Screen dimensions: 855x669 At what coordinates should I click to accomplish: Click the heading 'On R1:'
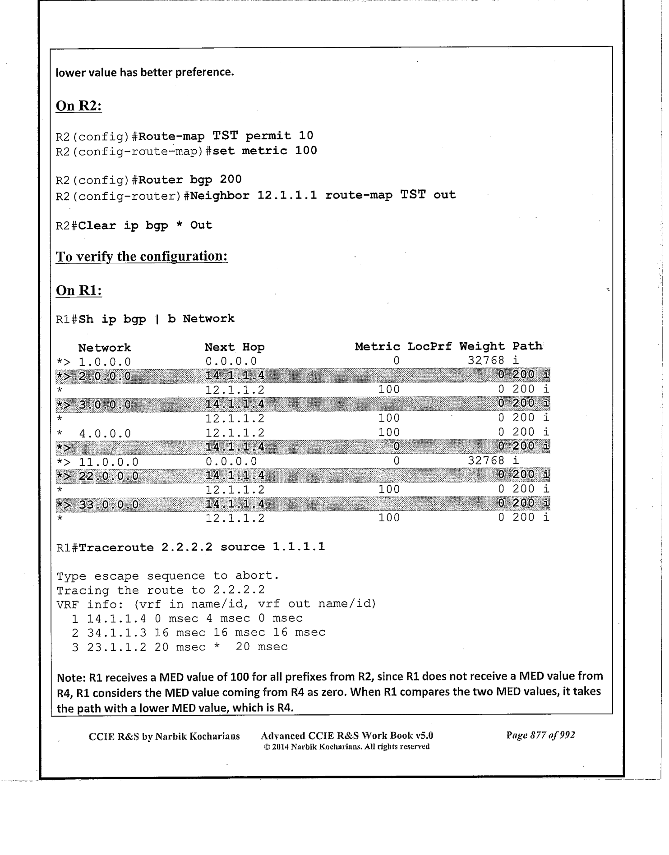point(78,291)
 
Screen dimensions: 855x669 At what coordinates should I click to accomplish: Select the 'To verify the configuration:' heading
point(142,257)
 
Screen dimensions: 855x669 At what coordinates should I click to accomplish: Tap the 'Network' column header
point(104,348)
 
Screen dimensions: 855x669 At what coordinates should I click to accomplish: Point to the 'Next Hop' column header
point(234,347)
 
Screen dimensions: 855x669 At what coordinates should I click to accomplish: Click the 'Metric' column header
point(377,346)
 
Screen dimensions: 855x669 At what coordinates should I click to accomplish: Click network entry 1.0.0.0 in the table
point(105,362)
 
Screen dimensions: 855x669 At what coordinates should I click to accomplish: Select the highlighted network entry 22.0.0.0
point(108,476)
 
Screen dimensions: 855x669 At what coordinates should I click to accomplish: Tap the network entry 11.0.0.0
point(108,462)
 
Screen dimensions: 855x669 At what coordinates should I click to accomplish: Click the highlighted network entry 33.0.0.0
point(108,504)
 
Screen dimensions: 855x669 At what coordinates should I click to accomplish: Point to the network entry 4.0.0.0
point(105,434)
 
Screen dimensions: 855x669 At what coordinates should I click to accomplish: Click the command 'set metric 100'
point(264,151)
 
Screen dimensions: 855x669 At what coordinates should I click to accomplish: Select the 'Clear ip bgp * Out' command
point(145,225)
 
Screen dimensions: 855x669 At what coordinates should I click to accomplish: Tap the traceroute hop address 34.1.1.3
point(116,633)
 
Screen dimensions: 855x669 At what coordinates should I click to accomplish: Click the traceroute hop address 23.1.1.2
point(116,647)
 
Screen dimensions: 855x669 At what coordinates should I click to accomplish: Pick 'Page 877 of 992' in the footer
point(540,735)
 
